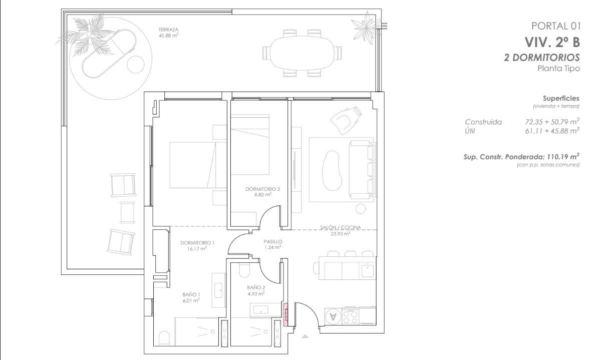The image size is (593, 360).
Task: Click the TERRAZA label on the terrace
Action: [x=169, y=30]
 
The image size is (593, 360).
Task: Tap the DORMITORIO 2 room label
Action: [x=262, y=189]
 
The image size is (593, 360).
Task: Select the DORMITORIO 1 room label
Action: [x=197, y=243]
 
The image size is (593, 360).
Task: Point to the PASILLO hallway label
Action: [x=272, y=242]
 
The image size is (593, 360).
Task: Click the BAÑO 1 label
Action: [x=191, y=294]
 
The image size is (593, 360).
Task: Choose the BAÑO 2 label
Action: [x=256, y=287]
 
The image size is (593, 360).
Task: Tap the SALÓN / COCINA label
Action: [x=341, y=228]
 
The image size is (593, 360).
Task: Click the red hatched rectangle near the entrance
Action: [x=285, y=314]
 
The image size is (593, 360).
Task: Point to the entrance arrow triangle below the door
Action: [x=305, y=336]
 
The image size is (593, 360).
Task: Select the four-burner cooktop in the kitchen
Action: [x=350, y=316]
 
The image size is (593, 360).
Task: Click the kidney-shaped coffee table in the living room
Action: [x=330, y=171]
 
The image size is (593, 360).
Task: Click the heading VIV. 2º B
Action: [x=552, y=42]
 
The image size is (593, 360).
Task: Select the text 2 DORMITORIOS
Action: [x=542, y=58]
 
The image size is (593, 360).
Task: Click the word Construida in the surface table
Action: [x=483, y=122]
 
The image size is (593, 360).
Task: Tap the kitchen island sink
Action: [x=368, y=270]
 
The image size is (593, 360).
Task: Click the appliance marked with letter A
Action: [x=333, y=316]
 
